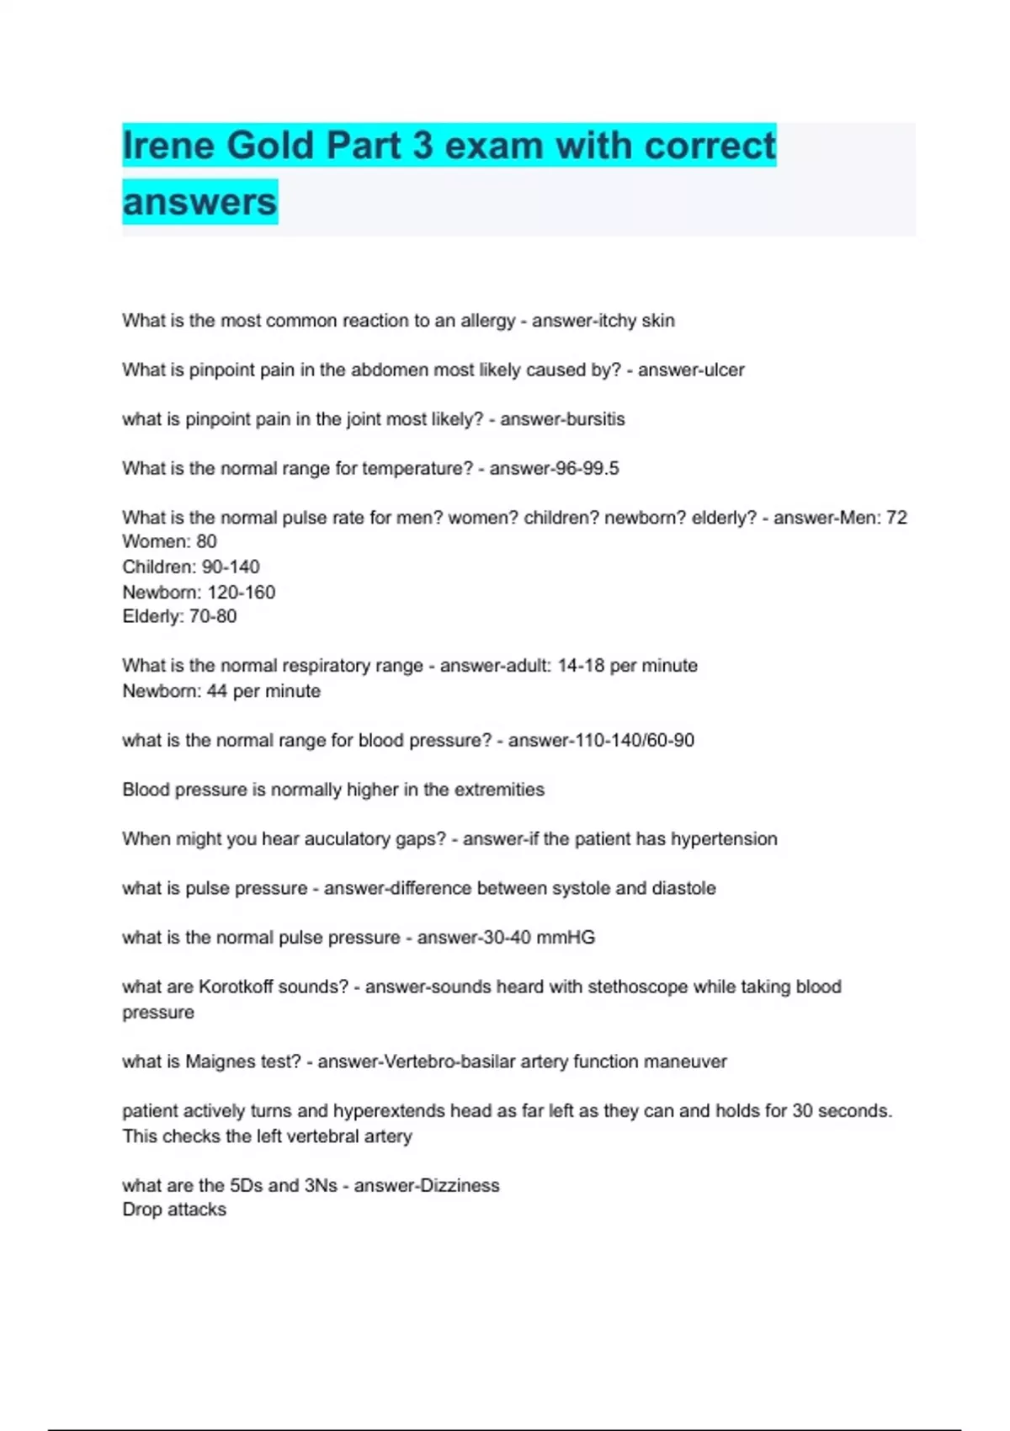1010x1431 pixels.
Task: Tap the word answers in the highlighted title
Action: pos(199,202)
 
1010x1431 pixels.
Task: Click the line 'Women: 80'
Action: pos(169,541)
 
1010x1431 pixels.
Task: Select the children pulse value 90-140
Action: pos(231,567)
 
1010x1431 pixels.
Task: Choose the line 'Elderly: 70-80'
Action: pos(179,616)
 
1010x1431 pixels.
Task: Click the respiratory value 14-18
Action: pos(581,666)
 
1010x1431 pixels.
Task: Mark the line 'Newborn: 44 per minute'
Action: pos(221,691)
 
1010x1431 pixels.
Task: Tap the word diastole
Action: pos(683,888)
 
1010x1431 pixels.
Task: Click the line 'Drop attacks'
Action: pos(174,1210)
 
